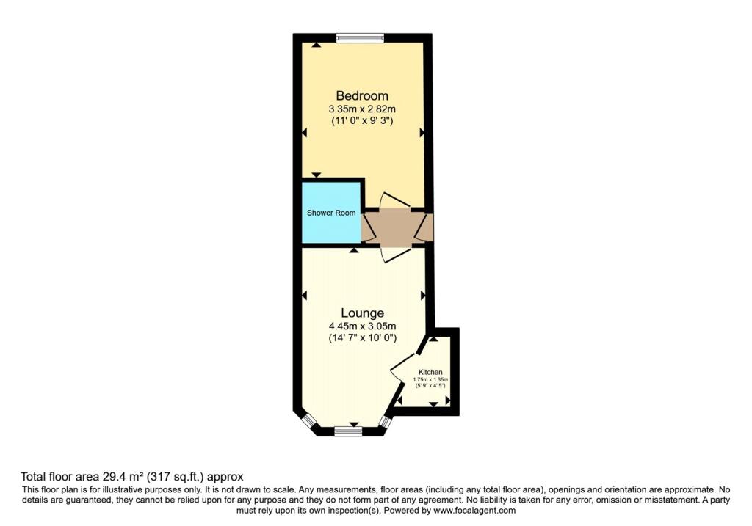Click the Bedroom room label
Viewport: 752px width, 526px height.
coord(362,95)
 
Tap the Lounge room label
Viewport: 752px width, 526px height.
coord(363,313)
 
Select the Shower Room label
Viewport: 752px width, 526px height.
coord(331,213)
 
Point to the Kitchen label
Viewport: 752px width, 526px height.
coord(430,372)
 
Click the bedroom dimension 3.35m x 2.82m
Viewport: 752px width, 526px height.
coord(362,109)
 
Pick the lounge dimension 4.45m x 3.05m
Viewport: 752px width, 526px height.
coord(363,326)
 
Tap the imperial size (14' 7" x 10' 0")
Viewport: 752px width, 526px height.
coord(363,338)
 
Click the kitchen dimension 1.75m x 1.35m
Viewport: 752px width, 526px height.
coord(430,379)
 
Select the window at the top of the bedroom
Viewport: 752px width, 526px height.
coord(360,38)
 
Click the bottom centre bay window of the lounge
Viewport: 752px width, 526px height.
coord(348,431)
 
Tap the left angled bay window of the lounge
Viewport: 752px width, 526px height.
coord(309,420)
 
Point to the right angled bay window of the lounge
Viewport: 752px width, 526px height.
coord(386,421)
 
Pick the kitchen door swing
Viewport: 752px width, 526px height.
coord(401,368)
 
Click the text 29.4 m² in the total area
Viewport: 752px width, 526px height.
coord(123,477)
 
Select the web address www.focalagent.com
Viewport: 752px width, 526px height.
coord(474,511)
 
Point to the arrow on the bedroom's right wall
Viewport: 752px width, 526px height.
coord(422,133)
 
